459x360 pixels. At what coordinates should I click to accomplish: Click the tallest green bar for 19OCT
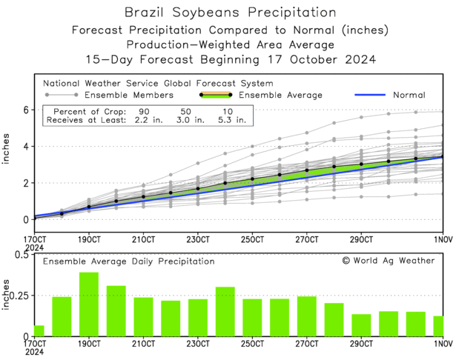(89, 304)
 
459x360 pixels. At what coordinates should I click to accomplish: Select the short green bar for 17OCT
(39, 330)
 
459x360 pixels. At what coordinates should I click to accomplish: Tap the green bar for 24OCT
(225, 311)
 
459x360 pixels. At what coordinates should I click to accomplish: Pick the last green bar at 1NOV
(438, 326)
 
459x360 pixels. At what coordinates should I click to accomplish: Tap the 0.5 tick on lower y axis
(21, 255)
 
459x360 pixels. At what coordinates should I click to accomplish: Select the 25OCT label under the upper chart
(252, 239)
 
